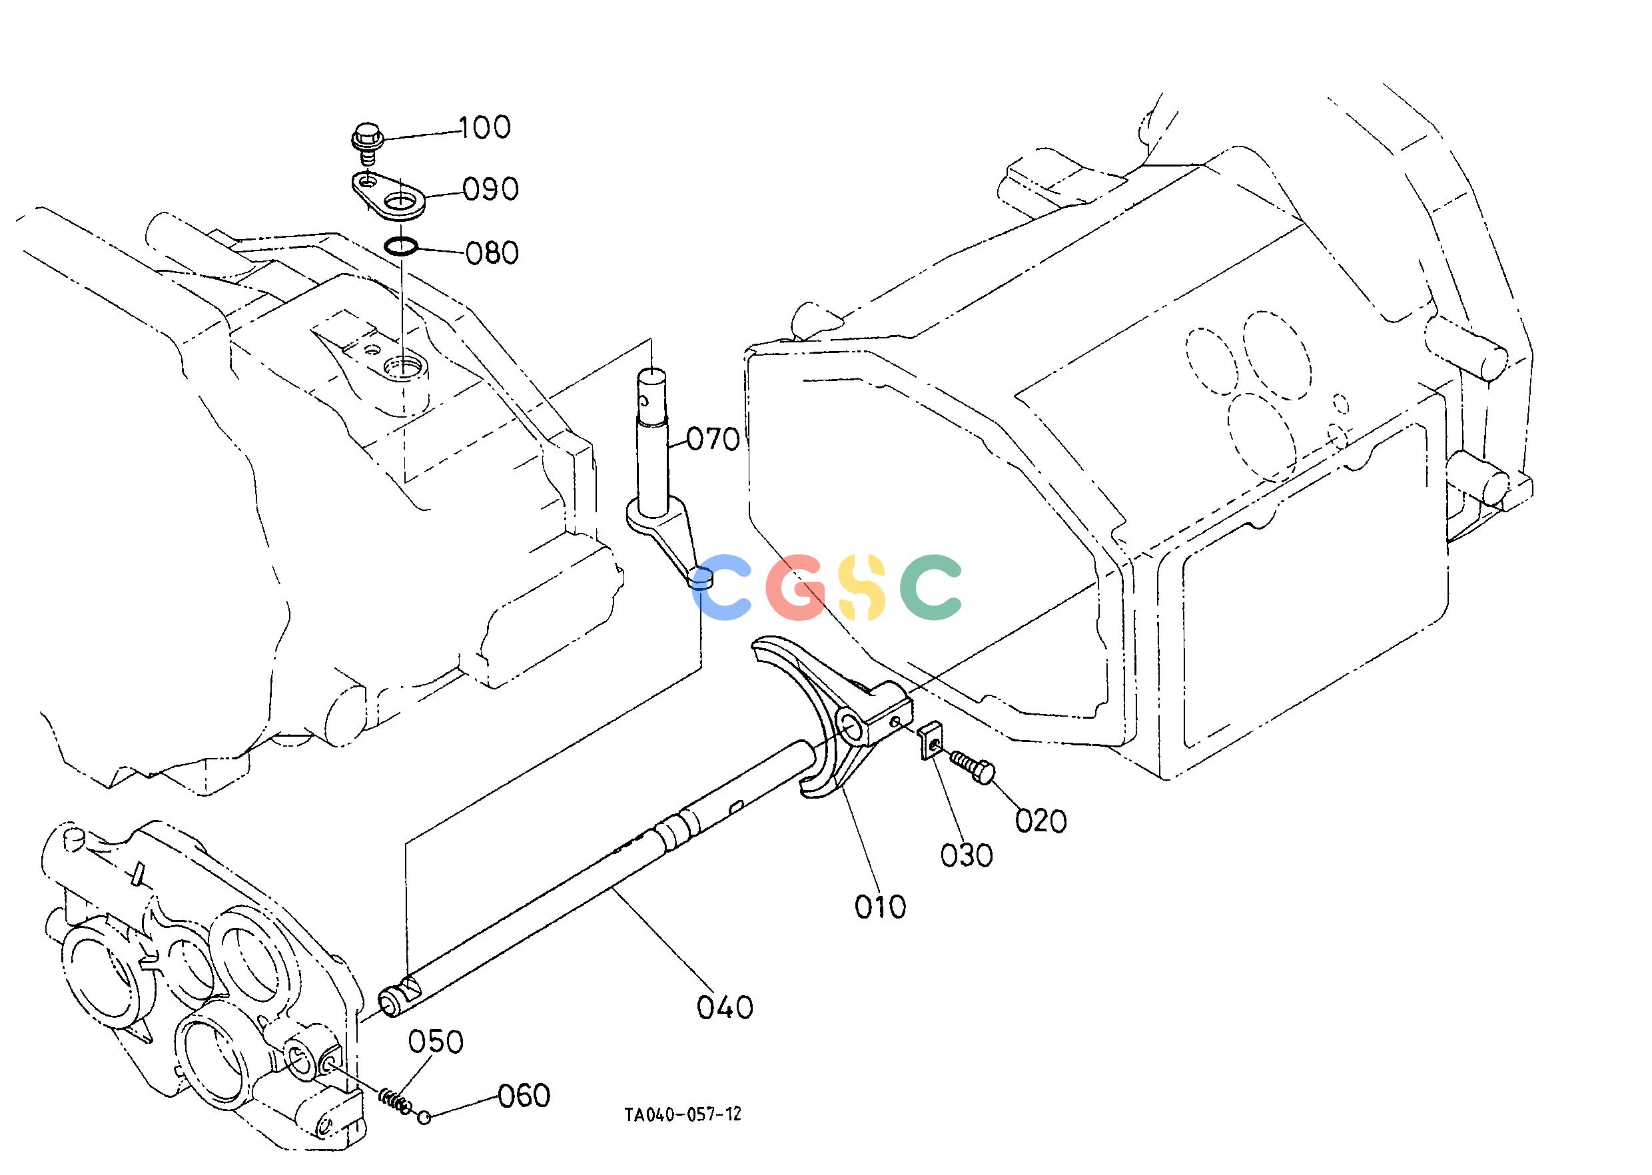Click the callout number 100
(485, 127)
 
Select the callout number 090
(492, 190)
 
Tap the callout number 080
(492, 254)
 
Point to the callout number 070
(713, 439)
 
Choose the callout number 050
(436, 1042)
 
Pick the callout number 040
(725, 1007)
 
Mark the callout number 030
(967, 856)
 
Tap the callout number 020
(1040, 821)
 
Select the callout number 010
(880, 907)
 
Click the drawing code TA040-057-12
(683, 1134)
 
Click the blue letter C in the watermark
(721, 587)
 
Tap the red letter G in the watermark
(796, 587)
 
